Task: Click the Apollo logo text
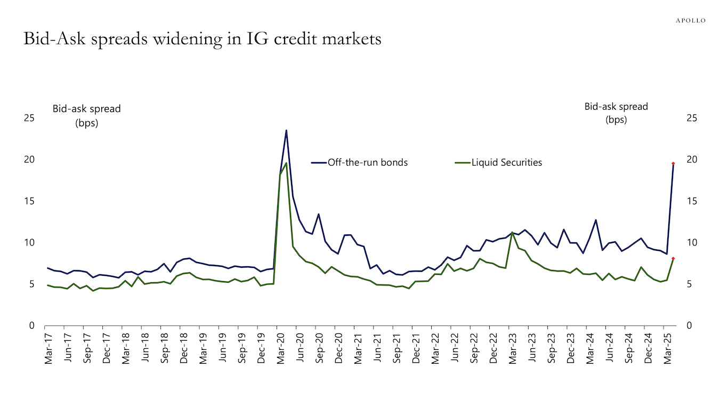coord(691,20)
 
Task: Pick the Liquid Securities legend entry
coord(506,162)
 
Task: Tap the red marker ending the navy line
coord(673,163)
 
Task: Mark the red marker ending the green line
coord(673,258)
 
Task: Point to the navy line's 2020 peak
coord(286,130)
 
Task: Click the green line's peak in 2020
coord(286,163)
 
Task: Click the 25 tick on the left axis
coord(31,118)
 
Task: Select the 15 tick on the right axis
coord(692,201)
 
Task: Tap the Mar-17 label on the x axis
coord(49,349)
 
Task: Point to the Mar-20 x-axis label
coord(281,349)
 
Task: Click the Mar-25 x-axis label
coord(667,349)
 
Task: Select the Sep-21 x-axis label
coord(397,349)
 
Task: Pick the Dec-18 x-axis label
coord(184,349)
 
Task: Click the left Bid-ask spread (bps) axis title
coord(86,115)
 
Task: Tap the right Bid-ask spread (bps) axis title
coord(616,113)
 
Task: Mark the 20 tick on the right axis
coord(692,160)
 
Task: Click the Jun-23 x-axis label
coord(532,349)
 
